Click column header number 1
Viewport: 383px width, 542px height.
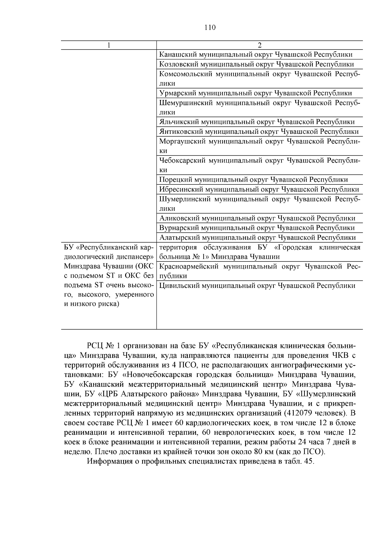(109, 45)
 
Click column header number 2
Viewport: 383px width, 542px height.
(259, 45)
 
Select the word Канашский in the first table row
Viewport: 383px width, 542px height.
(177, 55)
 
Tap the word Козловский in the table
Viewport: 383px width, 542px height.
(178, 64)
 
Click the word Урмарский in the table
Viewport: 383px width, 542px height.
(177, 93)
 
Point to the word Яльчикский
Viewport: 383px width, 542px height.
(178, 122)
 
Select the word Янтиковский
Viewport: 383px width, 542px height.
(180, 132)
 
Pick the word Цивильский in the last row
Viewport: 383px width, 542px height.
(179, 286)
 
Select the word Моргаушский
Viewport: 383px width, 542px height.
(182, 141)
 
